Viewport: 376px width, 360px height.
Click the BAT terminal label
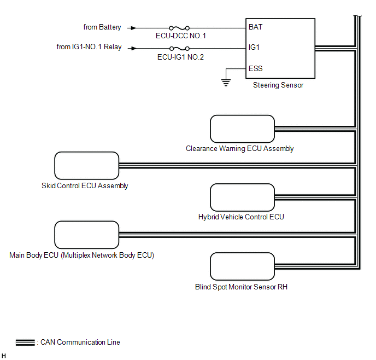coord(255,27)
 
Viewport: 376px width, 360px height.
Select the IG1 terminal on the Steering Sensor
coord(254,48)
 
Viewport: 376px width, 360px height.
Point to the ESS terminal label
coord(255,68)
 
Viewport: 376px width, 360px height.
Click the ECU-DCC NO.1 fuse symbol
coord(180,27)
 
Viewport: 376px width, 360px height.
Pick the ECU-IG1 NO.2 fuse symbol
coord(180,48)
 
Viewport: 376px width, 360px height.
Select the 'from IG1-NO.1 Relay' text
coord(89,47)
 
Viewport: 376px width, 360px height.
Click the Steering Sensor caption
coord(278,85)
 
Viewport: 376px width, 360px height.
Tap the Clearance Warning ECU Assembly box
coord(242,129)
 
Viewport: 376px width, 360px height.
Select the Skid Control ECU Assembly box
coord(86,165)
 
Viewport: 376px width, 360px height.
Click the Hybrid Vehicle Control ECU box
coord(242,198)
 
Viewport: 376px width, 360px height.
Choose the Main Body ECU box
coord(86,234)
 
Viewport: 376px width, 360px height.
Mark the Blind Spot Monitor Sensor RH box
coord(242,266)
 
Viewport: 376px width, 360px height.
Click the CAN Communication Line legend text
coord(80,342)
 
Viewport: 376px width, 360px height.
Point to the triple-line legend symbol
coord(25,343)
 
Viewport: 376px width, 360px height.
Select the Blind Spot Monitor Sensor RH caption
coord(241,286)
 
